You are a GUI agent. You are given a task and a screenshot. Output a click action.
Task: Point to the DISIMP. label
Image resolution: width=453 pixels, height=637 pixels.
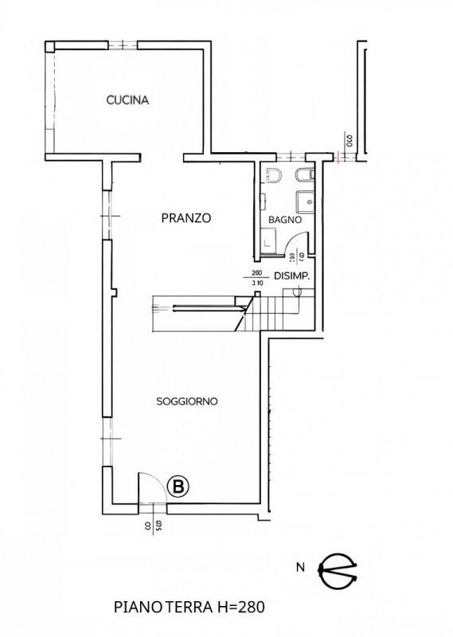click(291, 276)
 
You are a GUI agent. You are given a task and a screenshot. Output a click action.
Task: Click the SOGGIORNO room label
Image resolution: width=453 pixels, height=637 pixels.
click(187, 402)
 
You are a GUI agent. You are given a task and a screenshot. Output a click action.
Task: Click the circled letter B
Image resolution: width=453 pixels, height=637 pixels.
click(179, 487)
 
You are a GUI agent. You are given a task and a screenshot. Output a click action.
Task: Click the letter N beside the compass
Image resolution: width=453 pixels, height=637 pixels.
click(299, 568)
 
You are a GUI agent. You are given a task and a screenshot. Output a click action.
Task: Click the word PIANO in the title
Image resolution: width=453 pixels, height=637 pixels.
click(131, 608)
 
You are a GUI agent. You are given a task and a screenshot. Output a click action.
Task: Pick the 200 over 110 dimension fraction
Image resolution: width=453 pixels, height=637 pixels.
click(256, 277)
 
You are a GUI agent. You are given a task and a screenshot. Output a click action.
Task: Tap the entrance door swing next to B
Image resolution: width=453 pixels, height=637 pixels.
click(152, 486)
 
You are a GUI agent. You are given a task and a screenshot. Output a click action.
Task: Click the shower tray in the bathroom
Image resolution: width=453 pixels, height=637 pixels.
click(305, 199)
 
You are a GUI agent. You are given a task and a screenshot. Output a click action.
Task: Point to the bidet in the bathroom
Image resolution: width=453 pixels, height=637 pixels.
click(304, 174)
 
